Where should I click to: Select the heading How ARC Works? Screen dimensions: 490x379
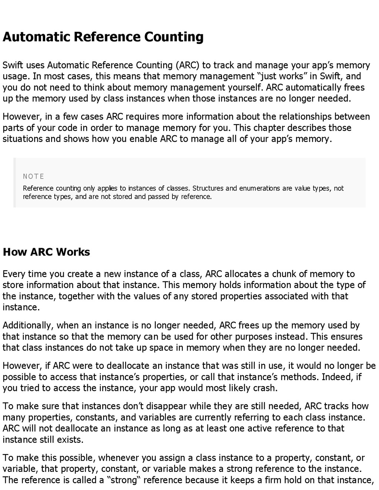pyautogui.click(x=46, y=252)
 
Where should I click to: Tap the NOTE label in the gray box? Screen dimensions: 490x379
pyautogui.click(x=33, y=176)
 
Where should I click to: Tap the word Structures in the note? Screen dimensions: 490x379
pyautogui.click(x=208, y=188)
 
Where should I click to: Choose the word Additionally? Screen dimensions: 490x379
pyautogui.click(x=28, y=325)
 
